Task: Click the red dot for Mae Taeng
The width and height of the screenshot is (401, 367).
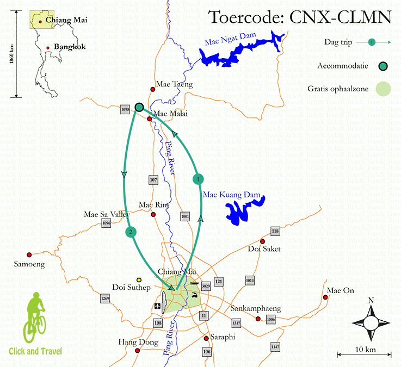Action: pos(153,90)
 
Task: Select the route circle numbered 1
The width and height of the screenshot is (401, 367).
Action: pos(199,178)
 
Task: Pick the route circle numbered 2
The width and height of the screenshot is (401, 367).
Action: pos(130,232)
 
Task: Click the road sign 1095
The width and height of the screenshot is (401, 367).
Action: pos(125,109)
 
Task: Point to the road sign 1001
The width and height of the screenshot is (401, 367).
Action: pos(185,216)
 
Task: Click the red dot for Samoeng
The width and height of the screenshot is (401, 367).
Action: pos(29,254)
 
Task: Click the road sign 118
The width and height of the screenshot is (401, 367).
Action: pos(275,231)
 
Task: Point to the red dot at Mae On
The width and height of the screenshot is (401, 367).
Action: pos(328,297)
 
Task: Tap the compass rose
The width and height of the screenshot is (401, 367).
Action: pos(372,321)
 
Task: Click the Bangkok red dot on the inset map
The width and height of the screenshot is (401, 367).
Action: pos(48,48)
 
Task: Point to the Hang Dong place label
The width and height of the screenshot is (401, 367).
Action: pos(138,343)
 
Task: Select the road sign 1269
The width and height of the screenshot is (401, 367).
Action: pos(105,298)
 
